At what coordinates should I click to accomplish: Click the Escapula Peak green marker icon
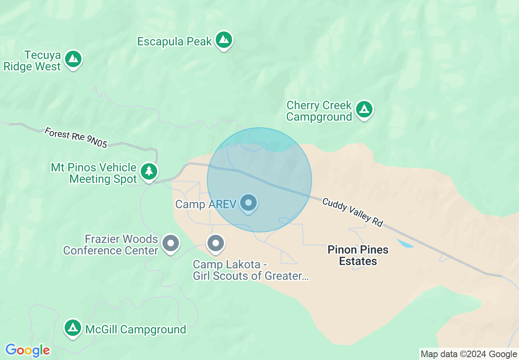point(223,40)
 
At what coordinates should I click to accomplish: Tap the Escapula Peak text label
point(174,41)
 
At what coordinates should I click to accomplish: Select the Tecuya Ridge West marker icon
point(74,59)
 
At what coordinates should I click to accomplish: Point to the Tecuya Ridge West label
point(32,61)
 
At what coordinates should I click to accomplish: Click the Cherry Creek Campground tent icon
point(364,110)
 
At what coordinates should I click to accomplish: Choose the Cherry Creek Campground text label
point(319,111)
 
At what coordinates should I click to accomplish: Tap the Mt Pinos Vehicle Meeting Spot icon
point(149,171)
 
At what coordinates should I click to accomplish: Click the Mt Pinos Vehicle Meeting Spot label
point(94,173)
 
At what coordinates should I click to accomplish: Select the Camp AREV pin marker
point(248,202)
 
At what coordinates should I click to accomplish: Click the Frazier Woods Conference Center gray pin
point(171,243)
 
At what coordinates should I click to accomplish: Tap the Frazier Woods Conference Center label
point(111,245)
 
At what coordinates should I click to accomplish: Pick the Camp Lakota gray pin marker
point(216,243)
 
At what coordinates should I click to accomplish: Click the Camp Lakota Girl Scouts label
point(250,270)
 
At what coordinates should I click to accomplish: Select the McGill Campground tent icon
point(73,328)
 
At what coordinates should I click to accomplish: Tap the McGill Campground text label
point(135,329)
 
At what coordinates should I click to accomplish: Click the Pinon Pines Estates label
point(358,255)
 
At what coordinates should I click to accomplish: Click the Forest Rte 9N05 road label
point(76,138)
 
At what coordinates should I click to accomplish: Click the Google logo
point(27,350)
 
